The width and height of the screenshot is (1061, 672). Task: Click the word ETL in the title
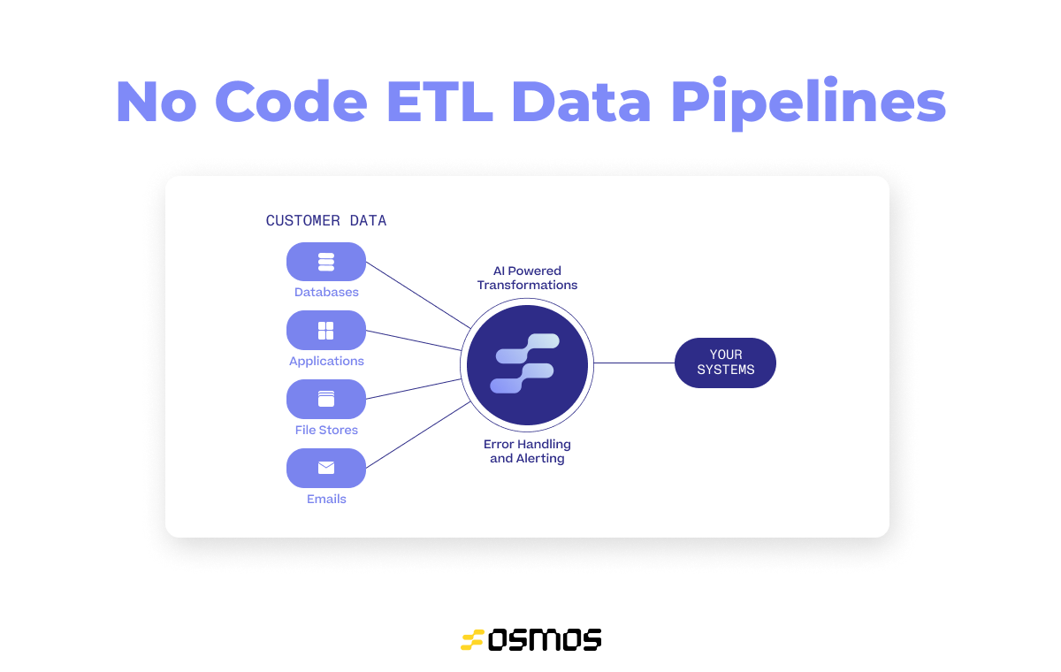click(x=440, y=102)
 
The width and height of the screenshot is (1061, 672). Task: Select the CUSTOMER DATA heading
click(x=326, y=221)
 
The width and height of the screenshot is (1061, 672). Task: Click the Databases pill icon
click(x=326, y=262)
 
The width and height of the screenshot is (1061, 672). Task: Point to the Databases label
click(x=326, y=292)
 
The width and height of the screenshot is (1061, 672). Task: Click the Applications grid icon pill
click(x=326, y=331)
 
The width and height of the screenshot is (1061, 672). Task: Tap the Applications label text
click(x=326, y=362)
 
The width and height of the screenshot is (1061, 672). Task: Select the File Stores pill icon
click(x=326, y=400)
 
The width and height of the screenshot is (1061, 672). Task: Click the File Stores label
click(x=326, y=430)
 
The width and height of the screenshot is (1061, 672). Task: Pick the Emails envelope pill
click(x=326, y=468)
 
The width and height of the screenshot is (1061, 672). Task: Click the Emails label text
click(x=326, y=500)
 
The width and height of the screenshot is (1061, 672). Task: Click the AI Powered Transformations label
click(x=527, y=278)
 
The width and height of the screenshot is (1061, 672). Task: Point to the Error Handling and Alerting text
click(x=527, y=451)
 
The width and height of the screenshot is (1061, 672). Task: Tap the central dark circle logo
click(x=527, y=364)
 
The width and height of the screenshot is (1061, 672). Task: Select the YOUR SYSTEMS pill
click(x=725, y=363)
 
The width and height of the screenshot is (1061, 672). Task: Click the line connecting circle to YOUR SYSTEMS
click(x=634, y=363)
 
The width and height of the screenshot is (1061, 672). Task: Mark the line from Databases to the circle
click(x=418, y=295)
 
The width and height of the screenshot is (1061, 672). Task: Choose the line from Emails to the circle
click(x=418, y=435)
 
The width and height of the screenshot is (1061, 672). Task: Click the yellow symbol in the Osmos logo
click(x=472, y=640)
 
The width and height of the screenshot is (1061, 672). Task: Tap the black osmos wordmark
click(x=545, y=640)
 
